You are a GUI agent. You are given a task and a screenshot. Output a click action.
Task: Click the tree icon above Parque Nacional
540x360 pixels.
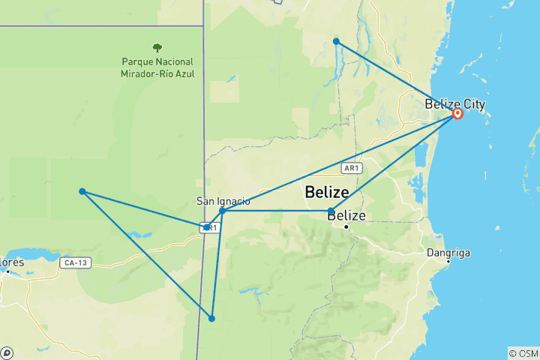pyautogui.click(x=157, y=47)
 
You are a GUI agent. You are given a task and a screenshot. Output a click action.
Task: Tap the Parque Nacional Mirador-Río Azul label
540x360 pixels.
pyautogui.click(x=157, y=68)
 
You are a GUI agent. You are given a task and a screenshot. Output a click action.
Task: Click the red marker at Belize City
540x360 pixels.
pyautogui.click(x=457, y=114)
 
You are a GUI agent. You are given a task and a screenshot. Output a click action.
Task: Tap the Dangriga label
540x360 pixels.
pyautogui.click(x=448, y=253)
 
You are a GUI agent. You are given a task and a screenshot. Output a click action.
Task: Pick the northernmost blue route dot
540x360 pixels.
pyautogui.click(x=337, y=41)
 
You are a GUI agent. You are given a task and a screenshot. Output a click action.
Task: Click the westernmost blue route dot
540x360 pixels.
pyautogui.click(x=82, y=191)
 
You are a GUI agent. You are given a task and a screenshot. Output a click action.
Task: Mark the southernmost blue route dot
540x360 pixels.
pyautogui.click(x=212, y=319)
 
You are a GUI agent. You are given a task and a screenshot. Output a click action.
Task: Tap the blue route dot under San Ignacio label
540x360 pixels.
pyautogui.click(x=223, y=211)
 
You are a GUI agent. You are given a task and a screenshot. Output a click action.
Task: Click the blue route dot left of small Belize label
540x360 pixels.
pyautogui.click(x=331, y=211)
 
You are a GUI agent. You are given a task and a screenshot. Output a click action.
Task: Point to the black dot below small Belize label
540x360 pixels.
pyautogui.click(x=346, y=226)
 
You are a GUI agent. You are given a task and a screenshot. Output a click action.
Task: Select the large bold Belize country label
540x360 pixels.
pyautogui.click(x=327, y=192)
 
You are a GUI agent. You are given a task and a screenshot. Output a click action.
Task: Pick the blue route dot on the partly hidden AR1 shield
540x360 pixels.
pyautogui.click(x=206, y=226)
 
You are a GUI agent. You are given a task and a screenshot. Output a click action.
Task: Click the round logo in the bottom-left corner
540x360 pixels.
pyautogui.click(x=7, y=352)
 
